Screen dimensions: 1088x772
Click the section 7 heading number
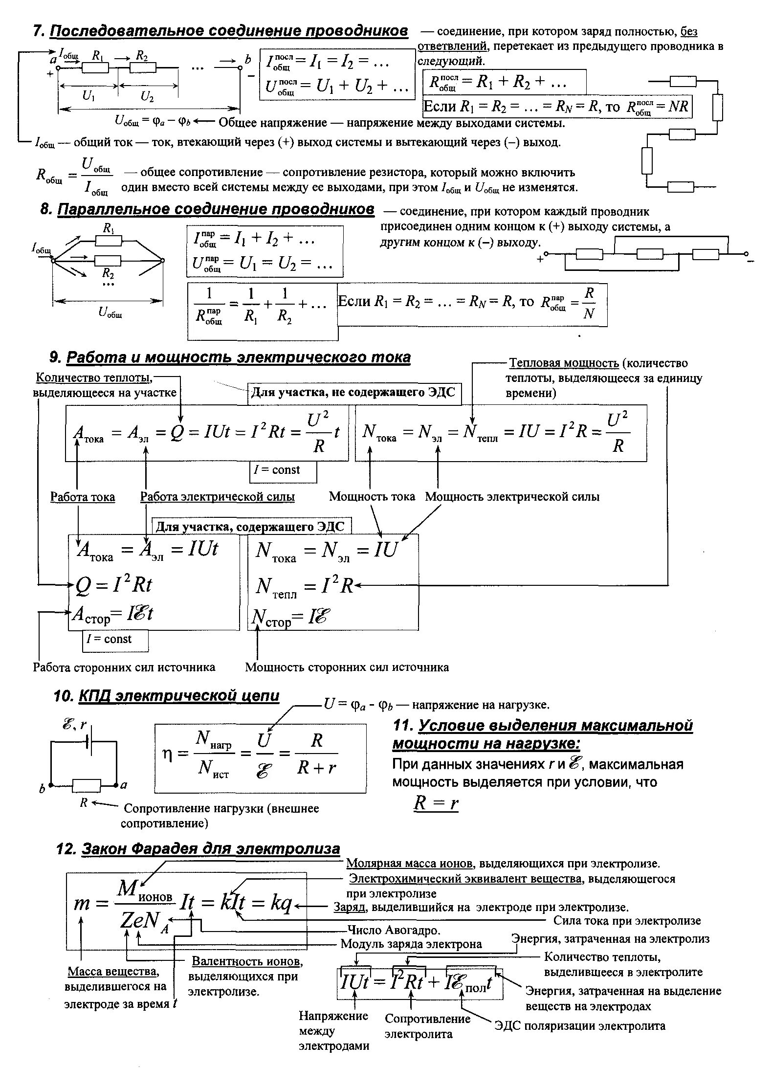click(38, 31)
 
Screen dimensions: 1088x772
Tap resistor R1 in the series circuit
click(95, 68)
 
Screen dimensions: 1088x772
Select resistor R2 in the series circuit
click(142, 68)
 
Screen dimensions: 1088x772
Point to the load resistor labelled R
click(87, 786)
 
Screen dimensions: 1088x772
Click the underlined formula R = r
click(436, 803)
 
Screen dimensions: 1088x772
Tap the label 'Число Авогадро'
click(394, 930)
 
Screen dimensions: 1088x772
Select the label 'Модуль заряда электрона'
click(411, 944)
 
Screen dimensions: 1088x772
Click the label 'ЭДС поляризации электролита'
click(580, 1025)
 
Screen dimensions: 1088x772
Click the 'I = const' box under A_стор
click(115, 640)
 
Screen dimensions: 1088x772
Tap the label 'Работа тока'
click(83, 497)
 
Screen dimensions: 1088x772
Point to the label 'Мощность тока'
click(372, 497)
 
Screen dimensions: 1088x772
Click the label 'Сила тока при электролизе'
click(627, 921)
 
